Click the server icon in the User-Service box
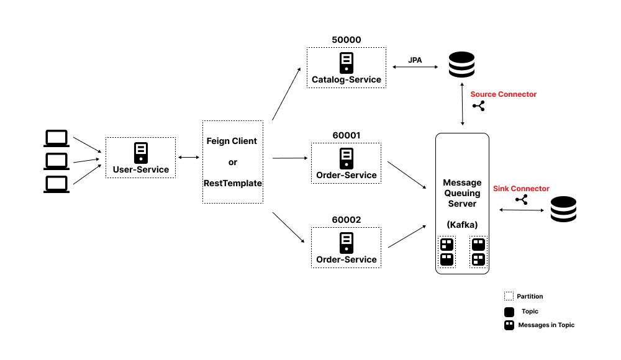point(140,153)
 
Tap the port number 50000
point(346,40)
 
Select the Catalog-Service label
point(346,79)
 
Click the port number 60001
point(346,135)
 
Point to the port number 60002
point(346,220)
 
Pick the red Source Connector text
point(503,94)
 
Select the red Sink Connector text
point(521,189)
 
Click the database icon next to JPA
point(461,65)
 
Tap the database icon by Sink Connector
point(563,209)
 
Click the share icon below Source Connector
point(478,106)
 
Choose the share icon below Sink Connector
point(521,200)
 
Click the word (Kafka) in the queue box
point(462,224)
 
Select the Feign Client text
point(232,141)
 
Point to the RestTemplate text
point(232,183)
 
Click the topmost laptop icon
point(57,138)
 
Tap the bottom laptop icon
point(57,184)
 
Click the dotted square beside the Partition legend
point(509,297)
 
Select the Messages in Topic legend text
point(546,325)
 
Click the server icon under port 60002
point(346,242)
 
